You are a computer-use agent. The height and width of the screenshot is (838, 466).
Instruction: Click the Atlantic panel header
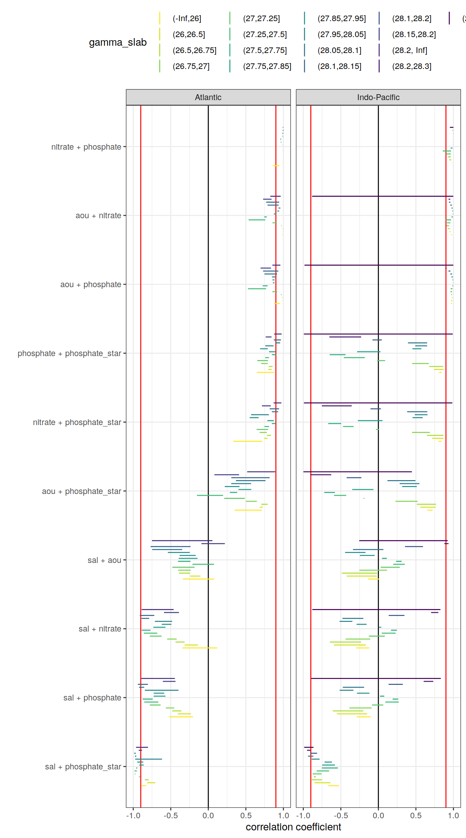208,97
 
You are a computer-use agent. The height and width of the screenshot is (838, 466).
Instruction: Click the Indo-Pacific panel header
378,97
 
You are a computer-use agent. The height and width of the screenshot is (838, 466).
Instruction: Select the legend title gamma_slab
118,42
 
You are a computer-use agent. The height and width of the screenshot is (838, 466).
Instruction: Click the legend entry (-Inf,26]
187,18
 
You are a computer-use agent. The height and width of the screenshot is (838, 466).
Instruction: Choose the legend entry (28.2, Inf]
409,50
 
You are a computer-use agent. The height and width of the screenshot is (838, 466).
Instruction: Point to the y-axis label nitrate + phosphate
86,147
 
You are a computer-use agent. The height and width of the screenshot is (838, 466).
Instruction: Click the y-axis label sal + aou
104,560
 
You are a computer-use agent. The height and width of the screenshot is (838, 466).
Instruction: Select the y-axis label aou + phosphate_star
81,491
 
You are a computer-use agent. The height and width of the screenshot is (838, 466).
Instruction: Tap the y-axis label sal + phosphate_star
83,767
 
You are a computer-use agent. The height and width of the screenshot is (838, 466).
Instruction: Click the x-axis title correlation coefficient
293,827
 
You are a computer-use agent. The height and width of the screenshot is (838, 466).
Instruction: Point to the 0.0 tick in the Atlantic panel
208,815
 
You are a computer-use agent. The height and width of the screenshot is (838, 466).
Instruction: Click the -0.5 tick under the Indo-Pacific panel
340,815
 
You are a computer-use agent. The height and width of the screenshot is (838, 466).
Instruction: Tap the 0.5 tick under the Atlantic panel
246,815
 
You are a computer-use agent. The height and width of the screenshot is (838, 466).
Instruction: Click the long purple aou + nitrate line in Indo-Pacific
381,196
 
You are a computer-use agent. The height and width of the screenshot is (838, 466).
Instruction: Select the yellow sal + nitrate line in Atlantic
200,647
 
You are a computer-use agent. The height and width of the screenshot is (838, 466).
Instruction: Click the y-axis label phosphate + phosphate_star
69,353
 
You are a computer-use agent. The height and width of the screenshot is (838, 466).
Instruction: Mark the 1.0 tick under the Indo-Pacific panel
453,815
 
